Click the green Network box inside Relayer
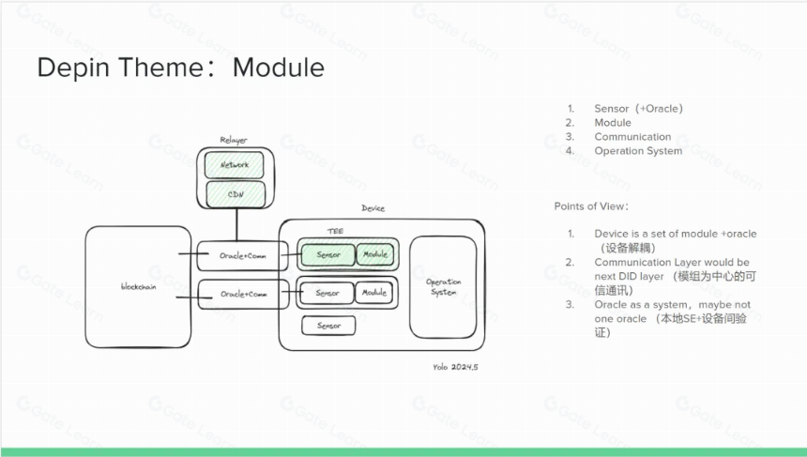pos(235,164)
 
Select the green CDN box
pos(236,194)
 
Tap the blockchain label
pos(139,286)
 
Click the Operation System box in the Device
pos(443,287)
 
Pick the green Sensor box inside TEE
pos(327,254)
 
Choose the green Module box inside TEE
pos(375,254)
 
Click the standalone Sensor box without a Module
pos(328,326)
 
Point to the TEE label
pos(335,231)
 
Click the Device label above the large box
pos(373,208)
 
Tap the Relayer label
pos(234,140)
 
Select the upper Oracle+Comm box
pos(242,256)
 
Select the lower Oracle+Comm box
pos(243,295)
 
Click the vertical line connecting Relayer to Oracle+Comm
pos(236,225)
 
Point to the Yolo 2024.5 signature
pos(455,367)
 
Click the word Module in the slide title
pos(279,68)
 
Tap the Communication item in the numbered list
pos(632,137)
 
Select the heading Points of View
pos(591,206)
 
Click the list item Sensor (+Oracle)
pos(639,109)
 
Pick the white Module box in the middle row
pos(374,293)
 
